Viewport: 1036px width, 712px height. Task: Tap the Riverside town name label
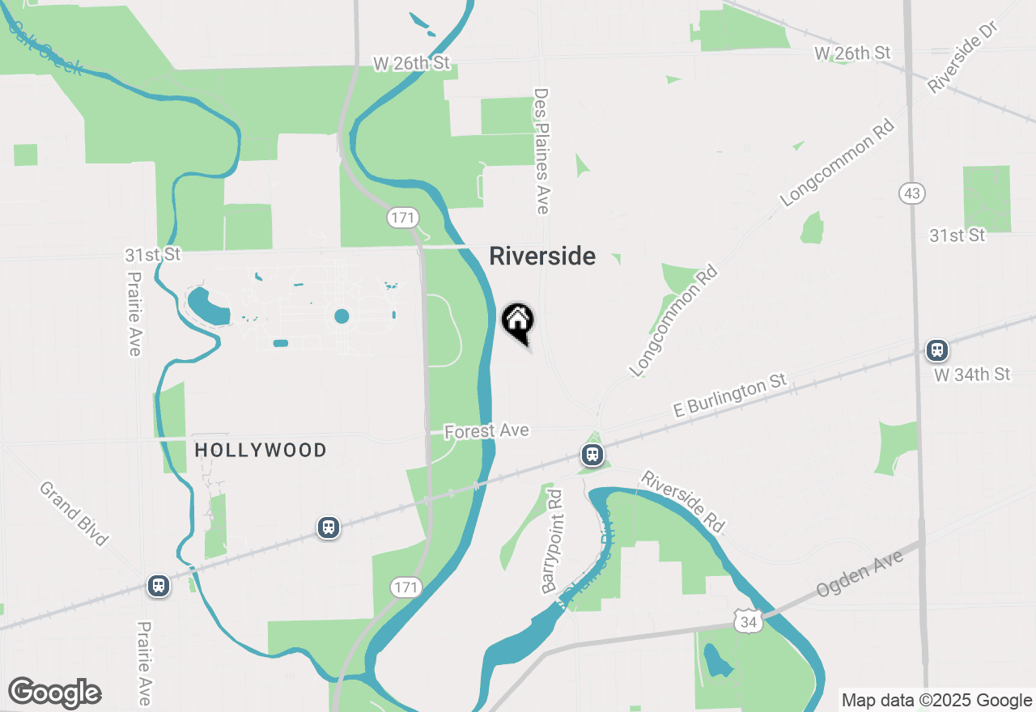[x=542, y=256]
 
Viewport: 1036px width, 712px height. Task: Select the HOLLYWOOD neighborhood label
[x=261, y=450]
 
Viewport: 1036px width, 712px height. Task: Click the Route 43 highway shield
[x=911, y=193]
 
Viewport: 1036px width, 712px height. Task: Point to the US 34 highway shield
[x=748, y=622]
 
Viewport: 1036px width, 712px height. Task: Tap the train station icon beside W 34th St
[x=937, y=350]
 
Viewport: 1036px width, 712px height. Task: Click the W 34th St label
[x=971, y=375]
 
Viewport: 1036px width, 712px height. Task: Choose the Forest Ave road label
[x=487, y=431]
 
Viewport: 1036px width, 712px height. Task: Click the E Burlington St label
[x=730, y=396]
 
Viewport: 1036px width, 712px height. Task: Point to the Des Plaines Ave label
[x=541, y=150]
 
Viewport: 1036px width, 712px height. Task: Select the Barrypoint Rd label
[x=552, y=540]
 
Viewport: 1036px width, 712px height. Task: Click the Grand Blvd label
[x=74, y=513]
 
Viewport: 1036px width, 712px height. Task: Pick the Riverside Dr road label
[x=965, y=57]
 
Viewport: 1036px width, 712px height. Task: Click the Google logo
[x=54, y=693]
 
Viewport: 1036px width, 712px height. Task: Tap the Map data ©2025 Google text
[x=936, y=701]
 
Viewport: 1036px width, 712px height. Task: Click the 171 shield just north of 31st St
[x=401, y=218]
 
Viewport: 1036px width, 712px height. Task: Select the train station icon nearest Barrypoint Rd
[x=592, y=455]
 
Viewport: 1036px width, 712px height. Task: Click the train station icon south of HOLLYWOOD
[x=328, y=528]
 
